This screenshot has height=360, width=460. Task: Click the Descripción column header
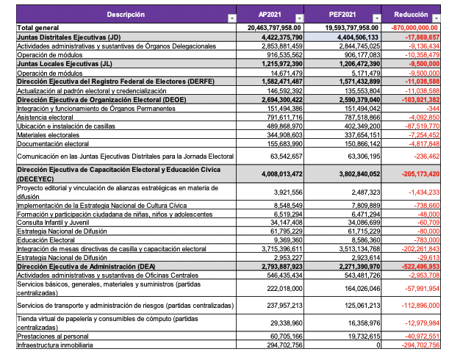[125, 15]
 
